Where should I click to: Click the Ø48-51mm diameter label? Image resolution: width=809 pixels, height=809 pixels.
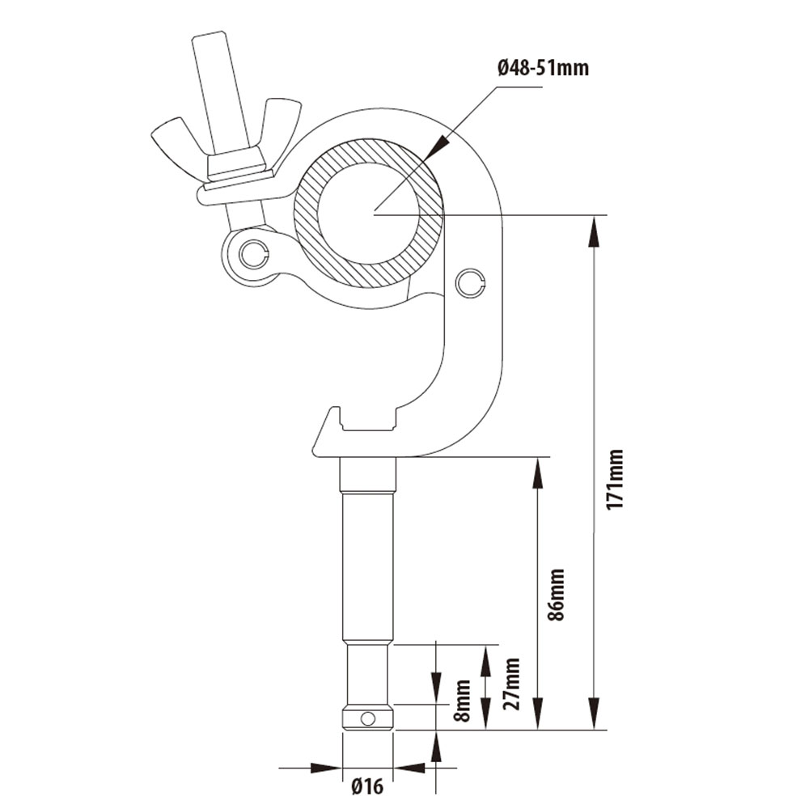tap(543, 68)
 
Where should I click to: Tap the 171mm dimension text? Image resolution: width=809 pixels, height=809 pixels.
tap(615, 480)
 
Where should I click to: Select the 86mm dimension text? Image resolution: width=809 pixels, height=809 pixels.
tap(557, 595)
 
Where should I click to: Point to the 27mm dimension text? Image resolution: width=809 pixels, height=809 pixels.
tap(511, 684)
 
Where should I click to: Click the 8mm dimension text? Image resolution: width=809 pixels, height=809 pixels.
tap(462, 701)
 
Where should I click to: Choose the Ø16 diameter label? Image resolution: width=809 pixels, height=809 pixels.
tap(368, 786)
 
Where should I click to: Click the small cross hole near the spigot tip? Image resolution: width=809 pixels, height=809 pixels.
tap(368, 718)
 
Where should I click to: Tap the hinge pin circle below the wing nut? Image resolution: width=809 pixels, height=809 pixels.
tap(252, 252)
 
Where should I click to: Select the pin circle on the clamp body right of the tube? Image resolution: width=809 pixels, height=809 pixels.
tap(470, 282)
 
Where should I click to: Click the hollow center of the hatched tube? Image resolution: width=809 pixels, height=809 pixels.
tap(369, 213)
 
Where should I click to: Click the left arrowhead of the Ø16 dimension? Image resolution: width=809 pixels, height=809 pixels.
tap(325, 768)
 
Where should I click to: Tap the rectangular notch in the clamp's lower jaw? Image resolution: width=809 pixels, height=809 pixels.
tap(368, 419)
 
